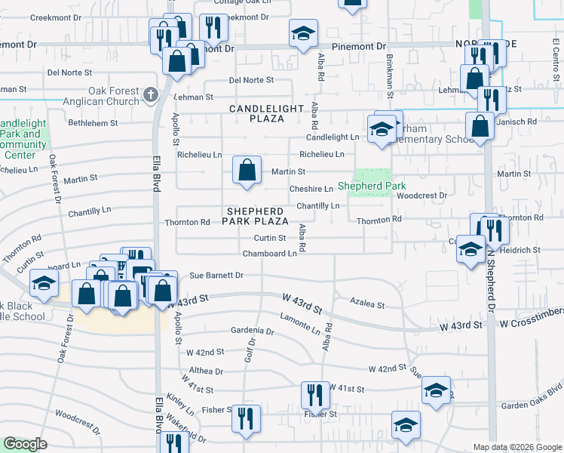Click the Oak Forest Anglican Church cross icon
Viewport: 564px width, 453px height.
150,94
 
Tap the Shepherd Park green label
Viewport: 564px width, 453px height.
372,186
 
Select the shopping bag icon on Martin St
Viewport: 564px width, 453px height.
247,169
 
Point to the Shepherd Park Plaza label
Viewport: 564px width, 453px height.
255,216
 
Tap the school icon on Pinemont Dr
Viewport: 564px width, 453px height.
304,33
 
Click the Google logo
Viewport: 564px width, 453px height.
25,444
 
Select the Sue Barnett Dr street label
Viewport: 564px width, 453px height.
216,276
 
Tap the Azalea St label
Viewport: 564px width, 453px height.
368,305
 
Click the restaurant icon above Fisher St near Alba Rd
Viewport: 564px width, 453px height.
314,395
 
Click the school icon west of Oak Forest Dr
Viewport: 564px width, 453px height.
44,283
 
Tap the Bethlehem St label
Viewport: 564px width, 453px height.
93,122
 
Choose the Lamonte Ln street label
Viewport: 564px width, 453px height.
299,325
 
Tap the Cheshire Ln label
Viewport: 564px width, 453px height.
311,189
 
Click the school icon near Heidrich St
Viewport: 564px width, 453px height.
471,250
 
